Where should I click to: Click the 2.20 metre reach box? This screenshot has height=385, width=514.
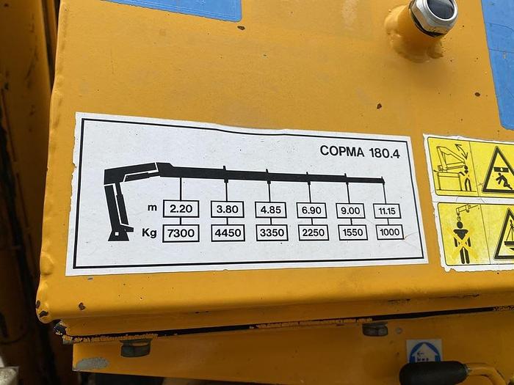click(181, 209)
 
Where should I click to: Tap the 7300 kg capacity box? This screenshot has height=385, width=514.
click(181, 233)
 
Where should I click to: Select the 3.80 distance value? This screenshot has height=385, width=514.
click(227, 210)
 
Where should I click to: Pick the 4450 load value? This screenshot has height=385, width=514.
click(228, 233)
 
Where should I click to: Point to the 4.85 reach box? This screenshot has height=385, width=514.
click(271, 210)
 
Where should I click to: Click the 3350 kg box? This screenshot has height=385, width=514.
click(272, 232)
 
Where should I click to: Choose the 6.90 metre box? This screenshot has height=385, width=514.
click(311, 210)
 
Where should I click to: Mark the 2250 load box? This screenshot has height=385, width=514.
click(314, 232)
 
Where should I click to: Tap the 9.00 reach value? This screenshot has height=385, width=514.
click(350, 210)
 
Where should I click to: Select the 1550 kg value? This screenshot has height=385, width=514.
click(352, 232)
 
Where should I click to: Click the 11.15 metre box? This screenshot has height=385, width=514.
click(387, 211)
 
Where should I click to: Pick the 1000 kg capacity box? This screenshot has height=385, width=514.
click(389, 232)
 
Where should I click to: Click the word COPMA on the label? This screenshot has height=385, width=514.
click(342, 151)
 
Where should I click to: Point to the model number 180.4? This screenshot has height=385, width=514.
click(385, 153)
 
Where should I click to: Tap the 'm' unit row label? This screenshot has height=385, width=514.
click(152, 208)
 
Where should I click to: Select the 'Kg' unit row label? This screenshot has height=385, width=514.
click(149, 232)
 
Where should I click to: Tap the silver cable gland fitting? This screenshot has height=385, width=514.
click(433, 15)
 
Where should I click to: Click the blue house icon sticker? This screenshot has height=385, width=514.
click(424, 351)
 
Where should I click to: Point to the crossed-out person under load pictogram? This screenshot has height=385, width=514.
click(462, 235)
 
